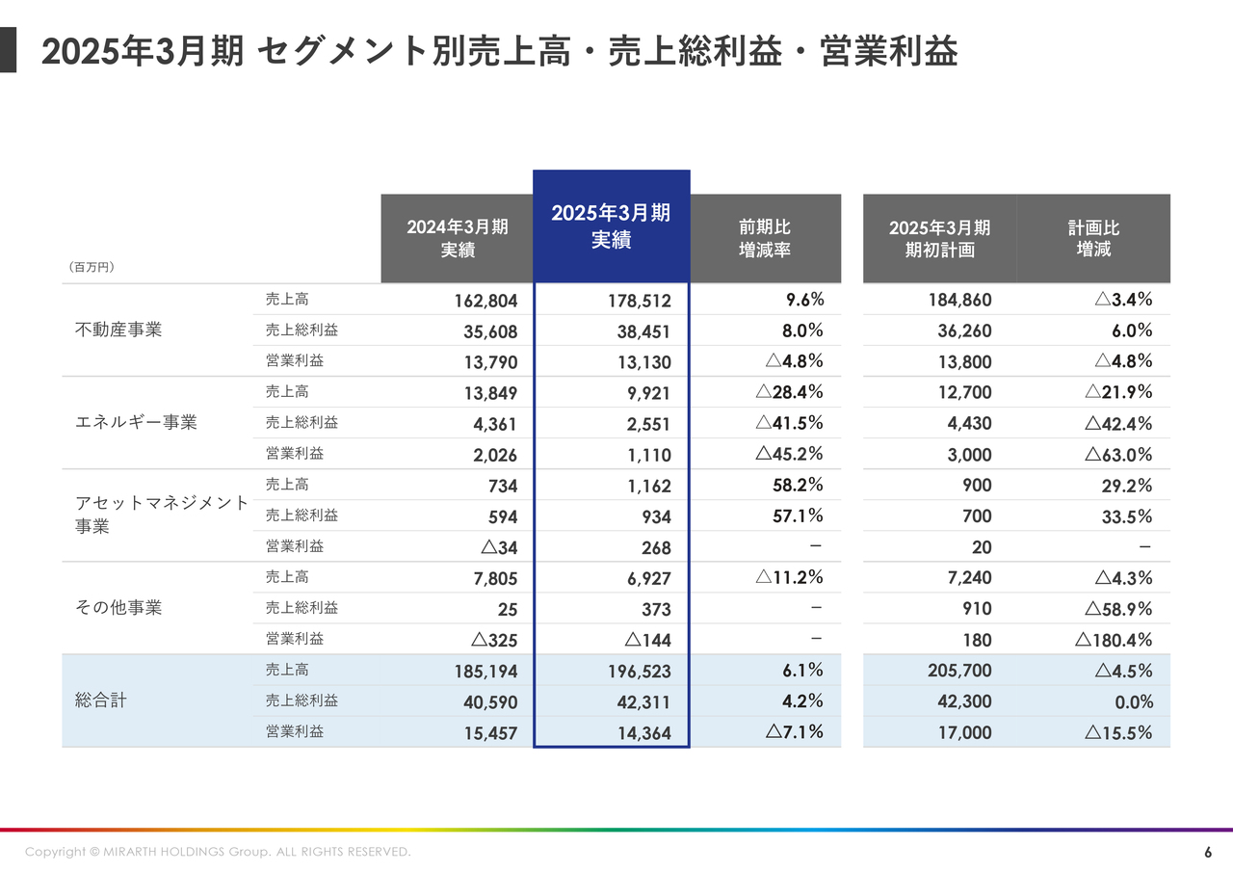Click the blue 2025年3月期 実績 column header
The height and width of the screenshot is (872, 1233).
[x=611, y=226]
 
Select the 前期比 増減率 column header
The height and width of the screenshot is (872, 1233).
[x=765, y=238]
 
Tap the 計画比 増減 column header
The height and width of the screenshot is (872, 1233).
[x=1093, y=238]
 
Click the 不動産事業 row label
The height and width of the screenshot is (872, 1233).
[x=118, y=330]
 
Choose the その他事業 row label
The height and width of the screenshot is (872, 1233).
[x=118, y=608]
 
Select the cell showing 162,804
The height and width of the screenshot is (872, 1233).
[x=486, y=301]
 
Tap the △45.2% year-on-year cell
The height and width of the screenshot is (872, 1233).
[x=789, y=454]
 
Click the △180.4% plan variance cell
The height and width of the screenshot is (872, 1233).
[x=1115, y=640]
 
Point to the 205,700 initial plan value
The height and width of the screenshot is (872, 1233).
[x=959, y=671]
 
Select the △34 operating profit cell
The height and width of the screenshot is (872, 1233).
[x=499, y=547]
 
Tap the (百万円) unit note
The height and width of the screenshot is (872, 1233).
[x=92, y=267]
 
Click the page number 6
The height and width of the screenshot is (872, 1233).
[x=1208, y=853]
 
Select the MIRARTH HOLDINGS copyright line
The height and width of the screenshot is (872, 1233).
[x=218, y=852]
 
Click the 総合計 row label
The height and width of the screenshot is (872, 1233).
[x=101, y=700]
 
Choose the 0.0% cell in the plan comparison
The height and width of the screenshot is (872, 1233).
[x=1134, y=701]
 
